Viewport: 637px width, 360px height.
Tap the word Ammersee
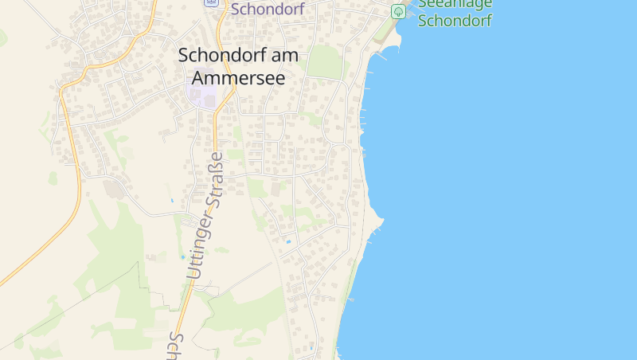point(237,79)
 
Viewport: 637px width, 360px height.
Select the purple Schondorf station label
point(268,10)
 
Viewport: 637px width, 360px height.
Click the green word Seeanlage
point(455,4)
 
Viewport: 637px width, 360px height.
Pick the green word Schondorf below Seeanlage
point(455,21)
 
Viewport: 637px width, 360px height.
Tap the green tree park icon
point(398,11)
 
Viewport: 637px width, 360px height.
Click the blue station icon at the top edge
point(211,2)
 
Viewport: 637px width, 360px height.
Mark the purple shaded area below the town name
point(201,97)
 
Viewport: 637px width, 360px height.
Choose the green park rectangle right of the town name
point(324,61)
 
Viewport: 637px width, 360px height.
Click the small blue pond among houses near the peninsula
point(288,241)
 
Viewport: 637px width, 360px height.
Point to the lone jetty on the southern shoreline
point(350,299)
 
